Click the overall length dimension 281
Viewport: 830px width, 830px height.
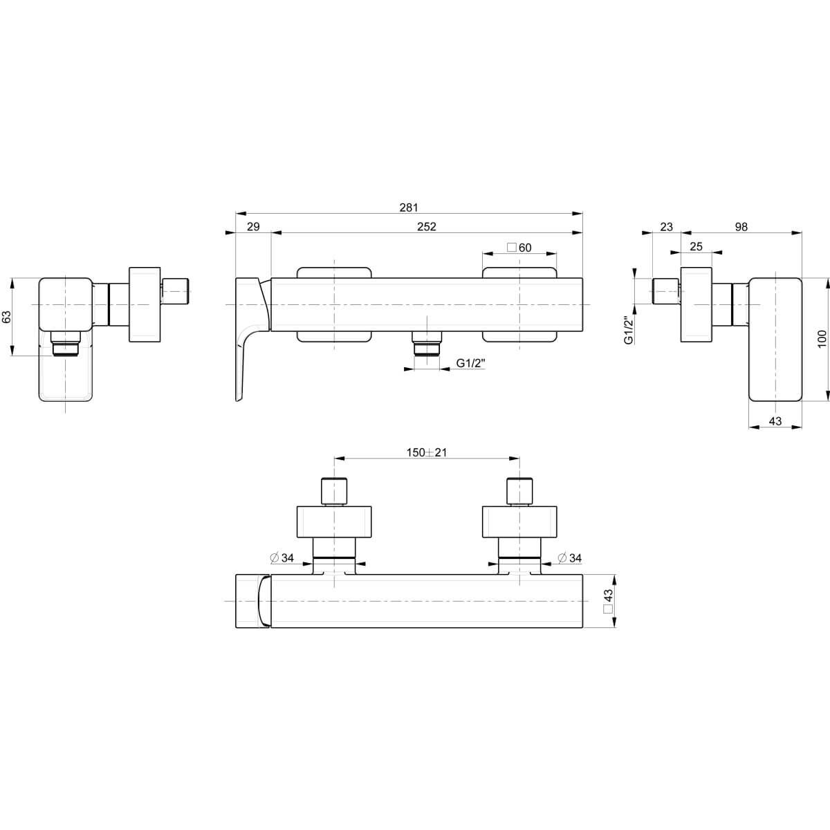[409, 207]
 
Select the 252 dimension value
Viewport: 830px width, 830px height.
[427, 227]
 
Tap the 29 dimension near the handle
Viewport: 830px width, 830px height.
[253, 227]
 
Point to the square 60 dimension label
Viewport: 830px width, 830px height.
[519, 248]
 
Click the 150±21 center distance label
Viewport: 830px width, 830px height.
[427, 452]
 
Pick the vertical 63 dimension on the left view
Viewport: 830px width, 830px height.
[7, 317]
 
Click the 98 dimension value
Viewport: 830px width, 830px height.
[741, 227]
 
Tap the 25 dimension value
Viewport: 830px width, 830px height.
[696, 247]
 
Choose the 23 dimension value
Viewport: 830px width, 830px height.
[666, 227]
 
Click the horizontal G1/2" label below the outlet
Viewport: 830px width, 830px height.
[471, 363]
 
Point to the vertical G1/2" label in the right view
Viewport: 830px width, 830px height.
[628, 331]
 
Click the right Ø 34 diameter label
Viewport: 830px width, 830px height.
[571, 558]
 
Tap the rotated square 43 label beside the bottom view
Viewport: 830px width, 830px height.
[608, 601]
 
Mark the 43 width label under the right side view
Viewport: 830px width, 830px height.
[775, 421]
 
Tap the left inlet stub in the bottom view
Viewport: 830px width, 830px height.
[335, 490]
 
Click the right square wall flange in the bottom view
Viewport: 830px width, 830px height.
[519, 522]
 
